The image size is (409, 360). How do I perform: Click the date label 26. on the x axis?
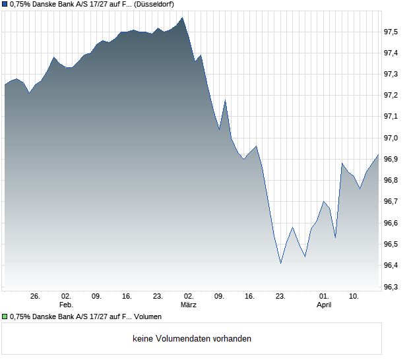click(x=36, y=297)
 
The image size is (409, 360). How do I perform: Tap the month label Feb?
click(x=66, y=305)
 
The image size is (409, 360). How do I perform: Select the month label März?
click(x=189, y=305)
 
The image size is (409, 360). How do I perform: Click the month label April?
click(x=324, y=305)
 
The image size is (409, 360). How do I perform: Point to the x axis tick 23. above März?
click(x=158, y=297)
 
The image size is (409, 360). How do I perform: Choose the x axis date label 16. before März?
click(x=127, y=297)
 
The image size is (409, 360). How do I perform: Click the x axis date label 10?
click(x=354, y=297)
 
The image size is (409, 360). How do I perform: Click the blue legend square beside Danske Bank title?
click(x=5, y=5)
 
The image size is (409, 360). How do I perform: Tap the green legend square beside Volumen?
click(x=5, y=316)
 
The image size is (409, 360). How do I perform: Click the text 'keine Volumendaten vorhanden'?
click(x=192, y=338)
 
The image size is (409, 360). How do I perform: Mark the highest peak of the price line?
click(x=183, y=18)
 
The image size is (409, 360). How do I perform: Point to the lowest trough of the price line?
click(x=281, y=263)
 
